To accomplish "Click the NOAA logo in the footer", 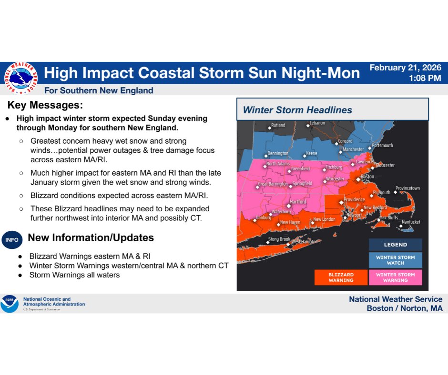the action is click(x=10, y=303).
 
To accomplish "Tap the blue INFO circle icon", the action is click(x=12, y=240).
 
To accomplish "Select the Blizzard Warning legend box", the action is click(x=341, y=277).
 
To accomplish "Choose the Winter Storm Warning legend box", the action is click(x=395, y=277).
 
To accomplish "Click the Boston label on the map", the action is click(x=367, y=177).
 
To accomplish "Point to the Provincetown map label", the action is click(x=407, y=188).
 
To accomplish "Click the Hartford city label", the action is click(x=298, y=202).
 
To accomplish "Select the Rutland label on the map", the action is click(x=278, y=126).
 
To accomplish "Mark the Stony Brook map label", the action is click(x=279, y=239).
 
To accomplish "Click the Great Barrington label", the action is click(x=273, y=184).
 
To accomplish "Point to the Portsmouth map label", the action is click(x=382, y=145).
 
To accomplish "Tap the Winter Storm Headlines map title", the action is click(x=297, y=110).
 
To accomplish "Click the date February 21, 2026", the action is click(x=406, y=68).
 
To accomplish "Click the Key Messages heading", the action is click(x=45, y=105).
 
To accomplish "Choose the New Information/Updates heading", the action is click(x=91, y=237).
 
